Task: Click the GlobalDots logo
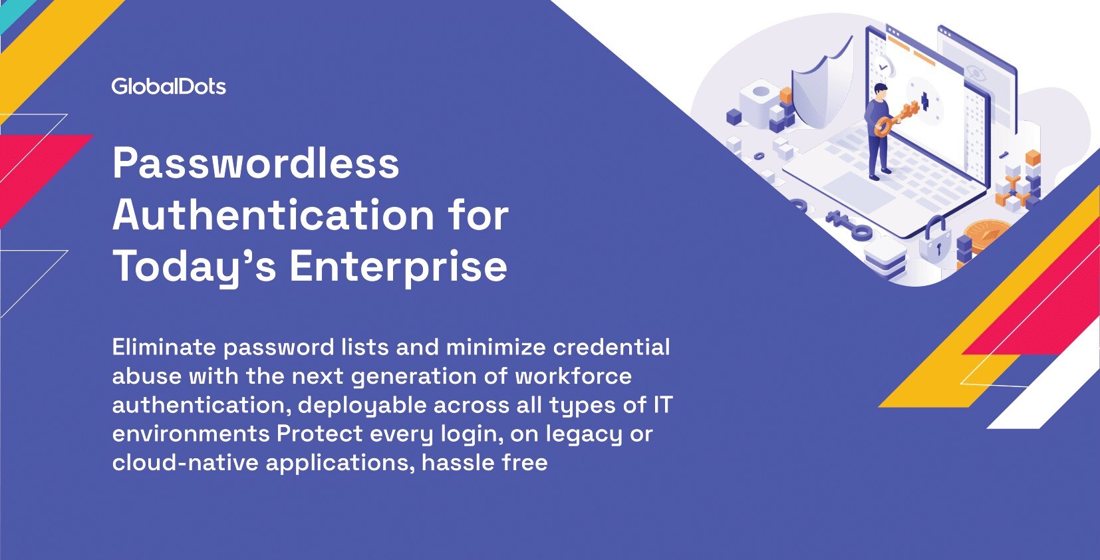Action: (x=168, y=87)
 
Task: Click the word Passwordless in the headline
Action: (x=256, y=163)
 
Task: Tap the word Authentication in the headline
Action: (x=273, y=215)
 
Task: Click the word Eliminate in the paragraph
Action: (x=164, y=347)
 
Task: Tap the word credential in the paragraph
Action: (x=611, y=347)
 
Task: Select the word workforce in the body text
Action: (x=573, y=376)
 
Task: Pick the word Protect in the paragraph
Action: (x=320, y=434)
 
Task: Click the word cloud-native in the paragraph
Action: (x=185, y=463)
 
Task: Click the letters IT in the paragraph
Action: (x=662, y=405)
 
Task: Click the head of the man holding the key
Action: (x=881, y=91)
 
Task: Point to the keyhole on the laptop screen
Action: (x=924, y=102)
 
